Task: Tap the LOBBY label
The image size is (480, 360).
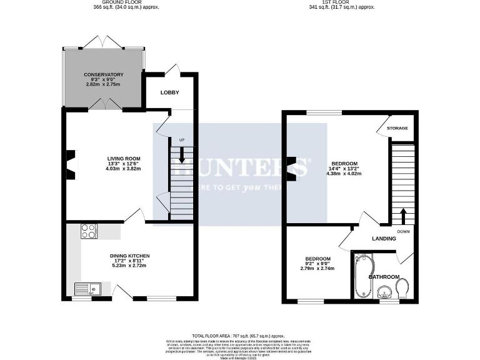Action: tap(169, 92)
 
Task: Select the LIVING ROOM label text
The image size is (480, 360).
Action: tap(123, 158)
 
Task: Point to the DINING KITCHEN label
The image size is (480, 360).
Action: tap(129, 256)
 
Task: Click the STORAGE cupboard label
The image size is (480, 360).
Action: tap(397, 128)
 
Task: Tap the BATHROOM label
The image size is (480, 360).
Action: tap(383, 276)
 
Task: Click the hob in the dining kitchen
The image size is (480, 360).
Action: tap(88, 231)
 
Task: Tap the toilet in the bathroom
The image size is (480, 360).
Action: tap(402, 287)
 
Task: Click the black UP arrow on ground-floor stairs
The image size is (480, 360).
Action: tap(182, 154)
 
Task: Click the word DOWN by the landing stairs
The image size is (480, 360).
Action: tap(403, 231)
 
